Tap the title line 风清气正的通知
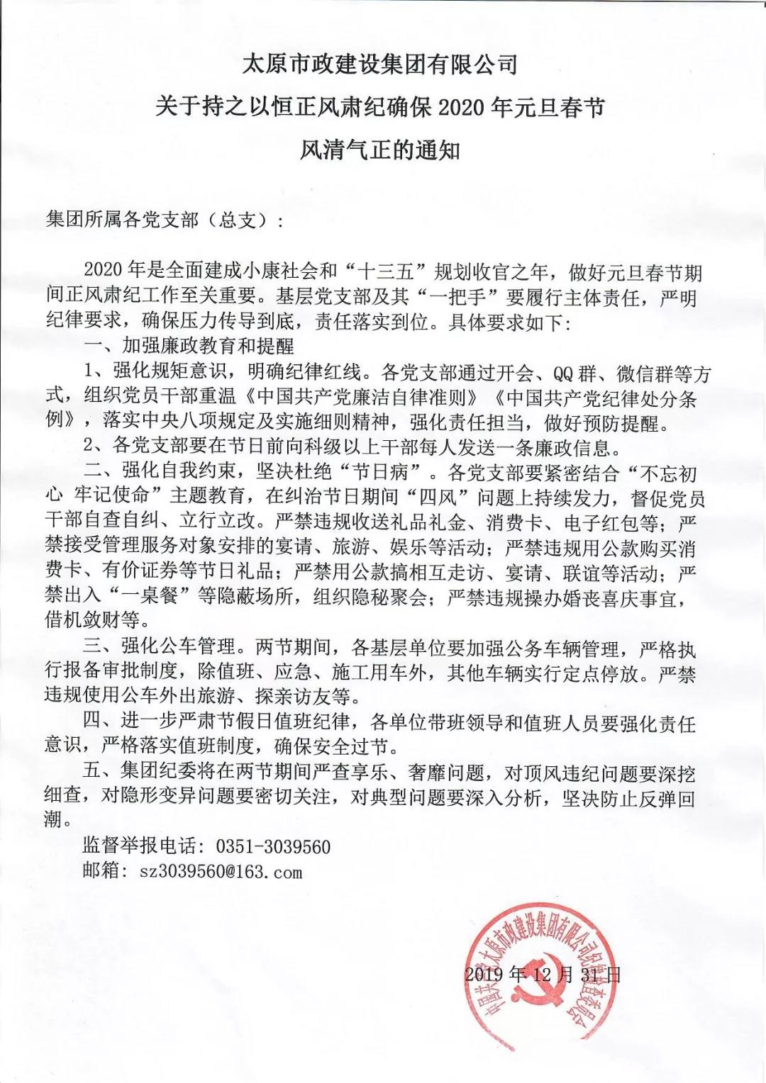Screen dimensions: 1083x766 (380, 150)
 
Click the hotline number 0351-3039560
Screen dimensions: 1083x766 (272, 846)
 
